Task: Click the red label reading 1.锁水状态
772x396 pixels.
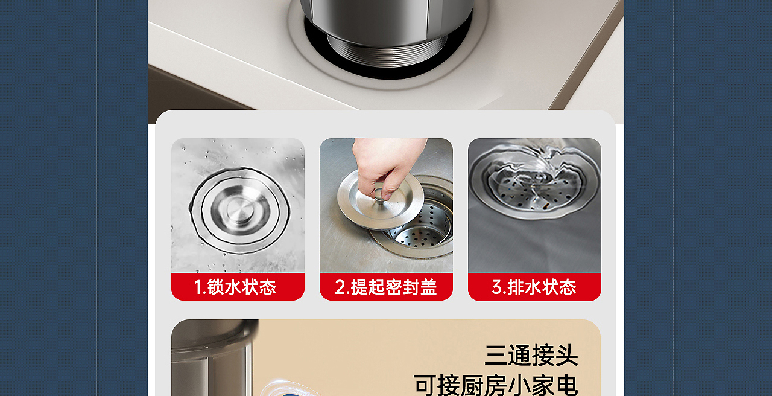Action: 238,287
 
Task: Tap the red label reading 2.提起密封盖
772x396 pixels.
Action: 386,287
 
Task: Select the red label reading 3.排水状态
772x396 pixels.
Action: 534,287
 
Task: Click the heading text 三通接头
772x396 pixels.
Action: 531,355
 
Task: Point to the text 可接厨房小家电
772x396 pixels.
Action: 496,385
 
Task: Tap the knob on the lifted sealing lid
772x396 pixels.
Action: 380,197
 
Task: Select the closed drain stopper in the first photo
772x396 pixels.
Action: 240,211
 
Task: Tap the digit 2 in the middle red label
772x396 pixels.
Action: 340,287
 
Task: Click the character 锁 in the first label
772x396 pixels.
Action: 215,287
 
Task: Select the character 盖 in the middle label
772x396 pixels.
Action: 428,287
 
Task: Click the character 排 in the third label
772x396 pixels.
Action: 516,287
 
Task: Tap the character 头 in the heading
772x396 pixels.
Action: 567,356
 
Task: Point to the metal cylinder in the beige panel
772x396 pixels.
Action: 213,358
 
